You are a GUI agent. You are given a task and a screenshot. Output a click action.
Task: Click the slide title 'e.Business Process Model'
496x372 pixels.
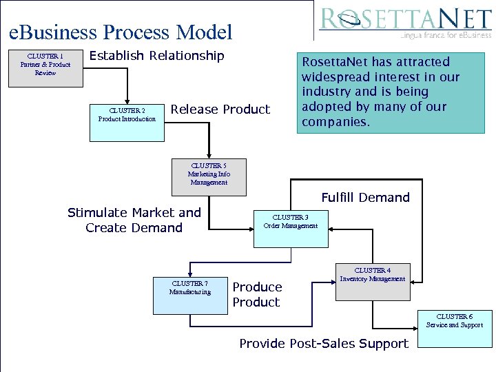coord(121,32)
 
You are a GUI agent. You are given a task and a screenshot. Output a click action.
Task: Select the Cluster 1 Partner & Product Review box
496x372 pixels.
coord(45,68)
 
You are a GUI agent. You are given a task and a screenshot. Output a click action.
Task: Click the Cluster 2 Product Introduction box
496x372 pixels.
coord(127,122)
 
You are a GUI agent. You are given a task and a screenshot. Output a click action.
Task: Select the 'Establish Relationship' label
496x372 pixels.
coord(157,56)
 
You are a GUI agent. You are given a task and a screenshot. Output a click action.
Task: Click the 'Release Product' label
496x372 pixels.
coord(220,110)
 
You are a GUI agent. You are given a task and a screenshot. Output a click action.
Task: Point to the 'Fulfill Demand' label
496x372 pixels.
coord(365,198)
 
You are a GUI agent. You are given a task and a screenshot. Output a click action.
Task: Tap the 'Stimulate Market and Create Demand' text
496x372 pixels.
coord(134,220)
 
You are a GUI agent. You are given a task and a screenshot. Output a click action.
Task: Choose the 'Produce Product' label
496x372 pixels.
coord(257,294)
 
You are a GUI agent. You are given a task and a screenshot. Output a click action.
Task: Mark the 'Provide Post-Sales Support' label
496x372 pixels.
coord(323,343)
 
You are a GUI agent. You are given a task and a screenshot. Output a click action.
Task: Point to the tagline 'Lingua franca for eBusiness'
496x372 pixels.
coord(445,33)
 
